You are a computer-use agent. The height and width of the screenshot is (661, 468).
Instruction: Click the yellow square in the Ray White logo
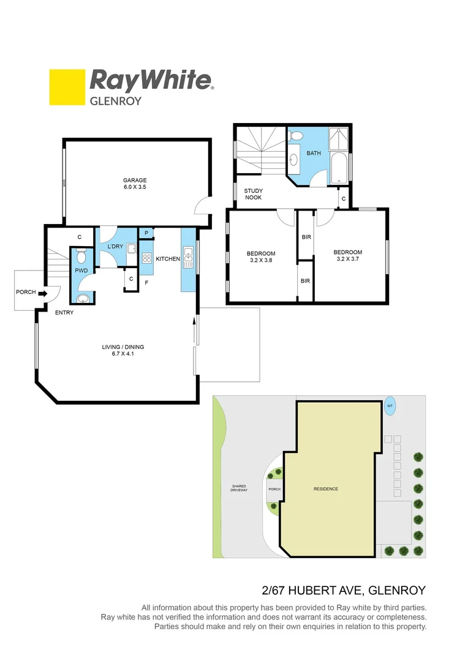tap(67, 87)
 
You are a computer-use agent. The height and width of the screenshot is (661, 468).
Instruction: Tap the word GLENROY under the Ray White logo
tap(116, 101)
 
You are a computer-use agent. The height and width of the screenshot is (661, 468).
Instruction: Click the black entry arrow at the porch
tap(43, 294)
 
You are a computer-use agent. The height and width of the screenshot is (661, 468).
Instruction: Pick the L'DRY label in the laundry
tap(115, 247)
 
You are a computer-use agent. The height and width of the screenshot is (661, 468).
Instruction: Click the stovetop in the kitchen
tap(147, 258)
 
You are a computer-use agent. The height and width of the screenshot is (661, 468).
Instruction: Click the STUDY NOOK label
tap(254, 194)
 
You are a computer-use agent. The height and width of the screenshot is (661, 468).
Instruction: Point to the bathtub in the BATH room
tap(339, 168)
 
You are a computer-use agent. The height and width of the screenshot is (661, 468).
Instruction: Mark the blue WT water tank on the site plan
tap(390, 405)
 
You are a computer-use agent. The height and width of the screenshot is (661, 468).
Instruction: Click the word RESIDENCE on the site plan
tap(326, 489)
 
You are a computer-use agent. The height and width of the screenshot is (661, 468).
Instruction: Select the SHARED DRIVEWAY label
tap(238, 488)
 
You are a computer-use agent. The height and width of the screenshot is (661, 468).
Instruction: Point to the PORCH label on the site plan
tap(274, 489)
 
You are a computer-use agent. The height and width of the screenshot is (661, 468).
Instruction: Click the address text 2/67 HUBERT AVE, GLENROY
tap(343, 591)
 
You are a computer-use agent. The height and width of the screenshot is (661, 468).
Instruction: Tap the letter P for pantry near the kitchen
tap(146, 233)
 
